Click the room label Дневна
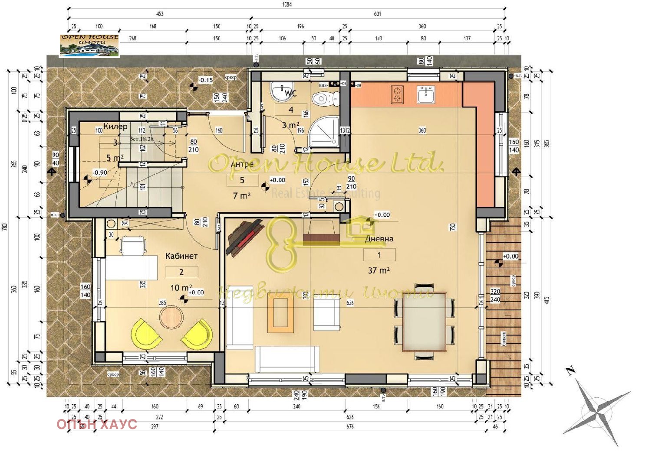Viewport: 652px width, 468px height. pyautogui.click(x=379, y=239)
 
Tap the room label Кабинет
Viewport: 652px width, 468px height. pyautogui.click(x=181, y=256)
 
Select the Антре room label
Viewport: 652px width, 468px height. pyautogui.click(x=242, y=165)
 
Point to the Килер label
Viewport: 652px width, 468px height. pyautogui.click(x=115, y=127)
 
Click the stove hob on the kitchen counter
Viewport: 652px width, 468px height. pyautogui.click(x=397, y=95)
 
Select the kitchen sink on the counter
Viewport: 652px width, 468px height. pyautogui.click(x=425, y=94)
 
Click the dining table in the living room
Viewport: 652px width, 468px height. pyautogui.click(x=424, y=321)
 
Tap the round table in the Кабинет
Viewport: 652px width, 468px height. pyautogui.click(x=172, y=317)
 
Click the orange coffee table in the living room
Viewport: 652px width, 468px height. pyautogui.click(x=280, y=315)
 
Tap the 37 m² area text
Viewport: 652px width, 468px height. pyautogui.click(x=379, y=270)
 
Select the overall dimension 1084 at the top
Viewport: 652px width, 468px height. pyautogui.click(x=286, y=5)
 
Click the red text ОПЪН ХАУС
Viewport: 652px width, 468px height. pyautogui.click(x=97, y=425)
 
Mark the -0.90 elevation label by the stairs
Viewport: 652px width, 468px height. pyautogui.click(x=100, y=172)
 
